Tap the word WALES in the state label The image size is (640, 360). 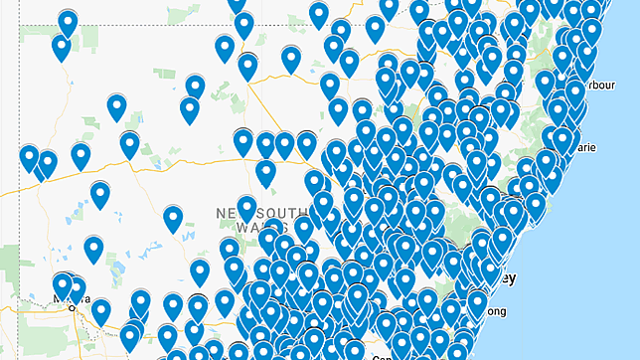point(237,230)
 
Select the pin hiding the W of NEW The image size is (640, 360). point(246,209)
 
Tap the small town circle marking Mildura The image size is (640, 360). point(72,307)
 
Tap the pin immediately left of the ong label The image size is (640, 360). point(477,303)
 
